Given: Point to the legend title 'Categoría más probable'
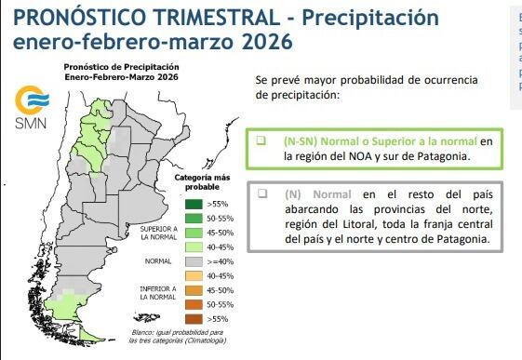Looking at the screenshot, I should pos(202,180).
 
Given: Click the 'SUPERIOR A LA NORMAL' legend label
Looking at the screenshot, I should pos(158,232).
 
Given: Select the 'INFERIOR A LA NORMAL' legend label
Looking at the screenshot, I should pos(158,294).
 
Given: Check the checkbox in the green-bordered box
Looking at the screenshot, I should pos(262,140).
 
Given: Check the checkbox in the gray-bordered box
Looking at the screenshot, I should pos(262,194).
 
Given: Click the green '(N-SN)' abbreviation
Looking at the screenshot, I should pos(302,140).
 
